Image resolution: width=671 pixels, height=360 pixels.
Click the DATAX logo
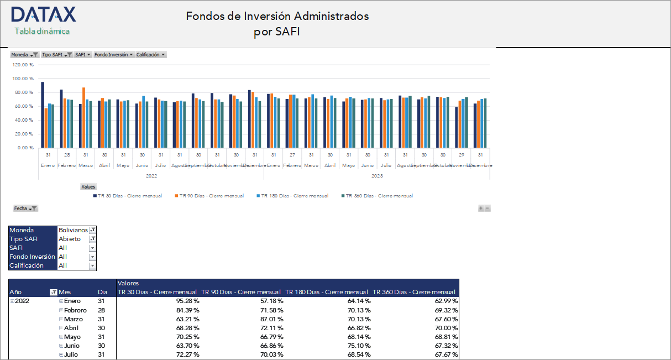43,15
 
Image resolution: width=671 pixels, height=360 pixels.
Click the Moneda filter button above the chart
24,55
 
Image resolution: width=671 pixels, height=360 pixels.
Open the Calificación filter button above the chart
151,55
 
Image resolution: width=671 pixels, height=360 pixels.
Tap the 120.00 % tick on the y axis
23,65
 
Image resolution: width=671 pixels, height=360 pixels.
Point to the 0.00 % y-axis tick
25,148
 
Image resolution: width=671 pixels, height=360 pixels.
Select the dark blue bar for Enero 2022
43,114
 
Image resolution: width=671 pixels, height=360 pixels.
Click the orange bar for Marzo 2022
83,117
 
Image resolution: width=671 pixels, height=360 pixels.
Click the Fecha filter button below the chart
25,208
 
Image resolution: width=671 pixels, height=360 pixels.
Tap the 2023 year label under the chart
377,176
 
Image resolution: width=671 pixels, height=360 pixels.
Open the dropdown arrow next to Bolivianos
93,230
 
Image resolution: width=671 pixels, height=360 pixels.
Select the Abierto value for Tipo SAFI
70,239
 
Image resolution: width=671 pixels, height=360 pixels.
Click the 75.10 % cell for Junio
359,346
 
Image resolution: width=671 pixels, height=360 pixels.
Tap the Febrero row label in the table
75,310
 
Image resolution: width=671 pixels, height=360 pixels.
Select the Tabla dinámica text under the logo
42,31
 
